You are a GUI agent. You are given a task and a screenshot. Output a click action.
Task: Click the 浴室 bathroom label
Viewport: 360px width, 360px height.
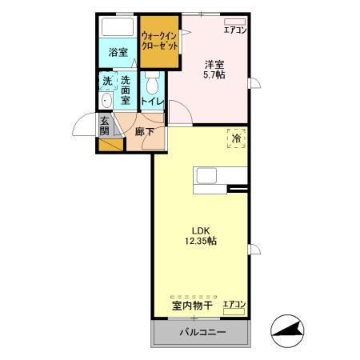[118, 53]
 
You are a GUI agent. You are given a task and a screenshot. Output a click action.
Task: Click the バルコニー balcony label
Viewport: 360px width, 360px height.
[202, 332]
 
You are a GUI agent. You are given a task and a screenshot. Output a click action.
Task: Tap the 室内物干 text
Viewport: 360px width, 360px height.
[191, 306]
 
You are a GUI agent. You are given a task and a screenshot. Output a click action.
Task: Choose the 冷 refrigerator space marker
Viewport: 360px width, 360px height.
[236, 138]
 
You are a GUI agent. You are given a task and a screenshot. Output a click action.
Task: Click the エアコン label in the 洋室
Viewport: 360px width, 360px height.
[235, 30]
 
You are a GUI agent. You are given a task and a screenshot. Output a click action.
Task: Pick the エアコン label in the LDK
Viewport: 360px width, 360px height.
[234, 305]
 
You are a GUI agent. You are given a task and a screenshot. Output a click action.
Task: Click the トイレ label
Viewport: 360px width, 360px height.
[153, 102]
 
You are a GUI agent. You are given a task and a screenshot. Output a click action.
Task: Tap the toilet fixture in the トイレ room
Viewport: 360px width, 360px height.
[153, 82]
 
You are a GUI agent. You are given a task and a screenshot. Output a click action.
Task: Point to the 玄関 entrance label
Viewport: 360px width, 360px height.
[105, 126]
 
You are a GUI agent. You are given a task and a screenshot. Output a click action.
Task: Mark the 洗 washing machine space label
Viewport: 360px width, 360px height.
[107, 81]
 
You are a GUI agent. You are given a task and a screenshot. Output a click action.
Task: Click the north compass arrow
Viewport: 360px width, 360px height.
[288, 328]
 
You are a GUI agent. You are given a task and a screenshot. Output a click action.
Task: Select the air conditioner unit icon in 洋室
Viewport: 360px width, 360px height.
[235, 21]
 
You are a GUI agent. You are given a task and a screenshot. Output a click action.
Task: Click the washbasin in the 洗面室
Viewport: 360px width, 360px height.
[106, 101]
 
